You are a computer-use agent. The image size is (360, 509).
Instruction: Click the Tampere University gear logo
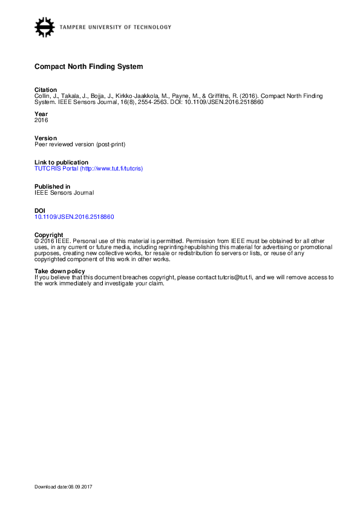44,27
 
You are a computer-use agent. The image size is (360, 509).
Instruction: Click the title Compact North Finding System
88,66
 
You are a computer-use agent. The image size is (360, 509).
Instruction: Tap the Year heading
41,114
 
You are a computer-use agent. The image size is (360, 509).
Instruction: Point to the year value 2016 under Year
41,120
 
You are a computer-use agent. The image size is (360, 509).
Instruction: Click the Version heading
45,138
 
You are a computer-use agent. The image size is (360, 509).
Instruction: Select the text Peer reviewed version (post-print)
80,144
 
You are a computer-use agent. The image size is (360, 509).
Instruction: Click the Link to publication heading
61,163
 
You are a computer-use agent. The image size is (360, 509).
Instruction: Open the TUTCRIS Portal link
88,169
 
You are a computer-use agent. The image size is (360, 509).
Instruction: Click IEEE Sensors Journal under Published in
64,193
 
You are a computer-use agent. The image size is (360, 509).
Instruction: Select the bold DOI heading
40,210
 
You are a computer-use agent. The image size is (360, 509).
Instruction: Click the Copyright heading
49,235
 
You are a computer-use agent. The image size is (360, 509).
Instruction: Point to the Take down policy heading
59,271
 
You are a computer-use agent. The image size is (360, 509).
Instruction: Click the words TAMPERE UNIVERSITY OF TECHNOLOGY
115,27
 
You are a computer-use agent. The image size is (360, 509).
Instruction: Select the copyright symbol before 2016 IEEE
37,241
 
